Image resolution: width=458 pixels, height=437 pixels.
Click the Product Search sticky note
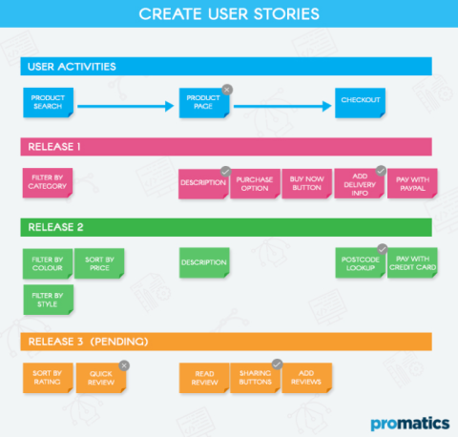click(48, 102)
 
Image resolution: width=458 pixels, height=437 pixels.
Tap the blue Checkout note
click(360, 102)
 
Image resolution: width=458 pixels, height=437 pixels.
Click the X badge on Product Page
click(226, 89)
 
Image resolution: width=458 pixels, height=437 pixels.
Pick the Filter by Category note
click(48, 183)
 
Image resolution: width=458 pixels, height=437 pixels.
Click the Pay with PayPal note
click(412, 184)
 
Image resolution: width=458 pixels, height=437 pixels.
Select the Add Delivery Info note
click(360, 184)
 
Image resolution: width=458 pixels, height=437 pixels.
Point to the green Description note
click(204, 263)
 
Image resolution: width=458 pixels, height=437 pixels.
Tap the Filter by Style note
click(48, 300)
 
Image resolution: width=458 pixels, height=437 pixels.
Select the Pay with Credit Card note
click(412, 263)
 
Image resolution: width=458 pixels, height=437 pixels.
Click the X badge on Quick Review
click(124, 364)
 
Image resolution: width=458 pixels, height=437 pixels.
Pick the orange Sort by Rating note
click(48, 378)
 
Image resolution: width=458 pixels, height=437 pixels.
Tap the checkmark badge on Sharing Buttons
click(278, 364)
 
